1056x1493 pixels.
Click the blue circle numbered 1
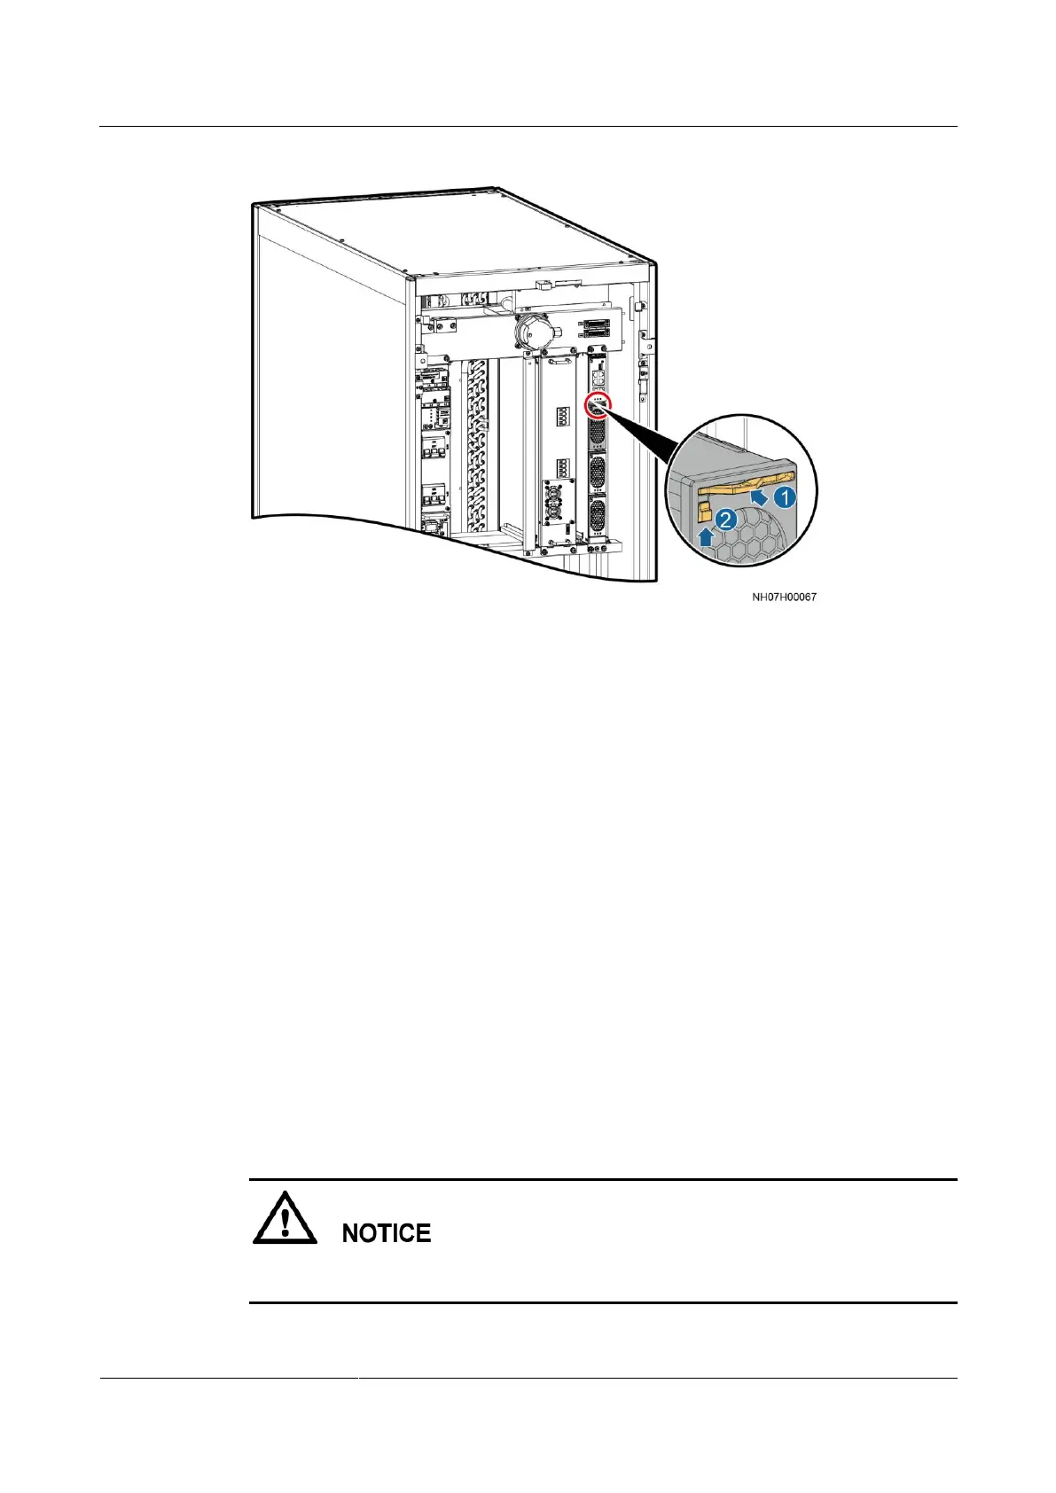click(785, 497)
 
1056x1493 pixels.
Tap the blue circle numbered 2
click(725, 520)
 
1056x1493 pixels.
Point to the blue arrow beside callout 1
click(760, 498)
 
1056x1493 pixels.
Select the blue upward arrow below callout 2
click(707, 535)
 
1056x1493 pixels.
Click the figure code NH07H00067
click(784, 597)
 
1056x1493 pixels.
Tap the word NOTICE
click(387, 1233)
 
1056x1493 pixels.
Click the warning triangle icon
click(285, 1223)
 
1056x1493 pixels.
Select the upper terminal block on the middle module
click(562, 415)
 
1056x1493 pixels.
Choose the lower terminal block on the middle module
click(562, 467)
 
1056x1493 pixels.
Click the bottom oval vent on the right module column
click(597, 514)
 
